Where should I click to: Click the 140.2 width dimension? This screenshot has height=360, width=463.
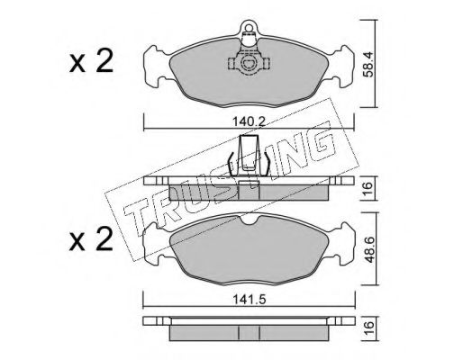(x=249, y=122)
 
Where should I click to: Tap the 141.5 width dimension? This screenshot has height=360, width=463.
(x=249, y=299)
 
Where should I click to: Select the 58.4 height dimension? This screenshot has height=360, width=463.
(x=368, y=64)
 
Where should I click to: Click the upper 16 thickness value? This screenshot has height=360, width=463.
(x=368, y=188)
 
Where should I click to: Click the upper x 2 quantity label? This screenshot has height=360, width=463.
(x=91, y=61)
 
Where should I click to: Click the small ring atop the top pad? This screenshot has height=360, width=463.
(x=249, y=28)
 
